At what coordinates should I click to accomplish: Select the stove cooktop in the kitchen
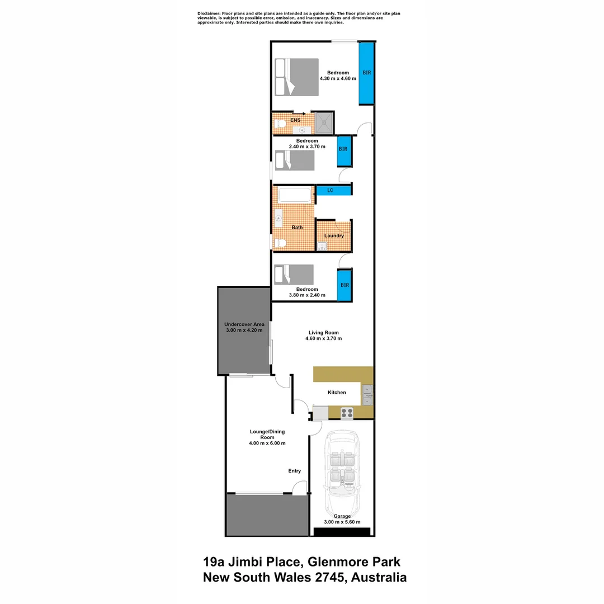[x=347, y=413]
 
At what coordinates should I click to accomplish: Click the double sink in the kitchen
[x=367, y=394]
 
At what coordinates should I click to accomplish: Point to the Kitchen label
[x=337, y=393]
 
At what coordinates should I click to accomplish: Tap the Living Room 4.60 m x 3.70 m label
[x=323, y=336]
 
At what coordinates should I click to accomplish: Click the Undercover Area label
[x=244, y=328]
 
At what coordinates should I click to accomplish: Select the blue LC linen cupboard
[x=333, y=191]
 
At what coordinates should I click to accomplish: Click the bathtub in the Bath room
[x=294, y=195]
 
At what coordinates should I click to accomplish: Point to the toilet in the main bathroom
[x=280, y=243]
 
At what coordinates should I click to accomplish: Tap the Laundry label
[x=334, y=235]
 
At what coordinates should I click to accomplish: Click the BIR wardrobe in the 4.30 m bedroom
[x=366, y=73]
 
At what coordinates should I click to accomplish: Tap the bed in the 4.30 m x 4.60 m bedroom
[x=296, y=77]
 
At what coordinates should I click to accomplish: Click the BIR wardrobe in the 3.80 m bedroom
[x=344, y=285]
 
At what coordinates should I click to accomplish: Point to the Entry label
[x=295, y=471]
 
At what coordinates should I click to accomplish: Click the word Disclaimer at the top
[x=209, y=13]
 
